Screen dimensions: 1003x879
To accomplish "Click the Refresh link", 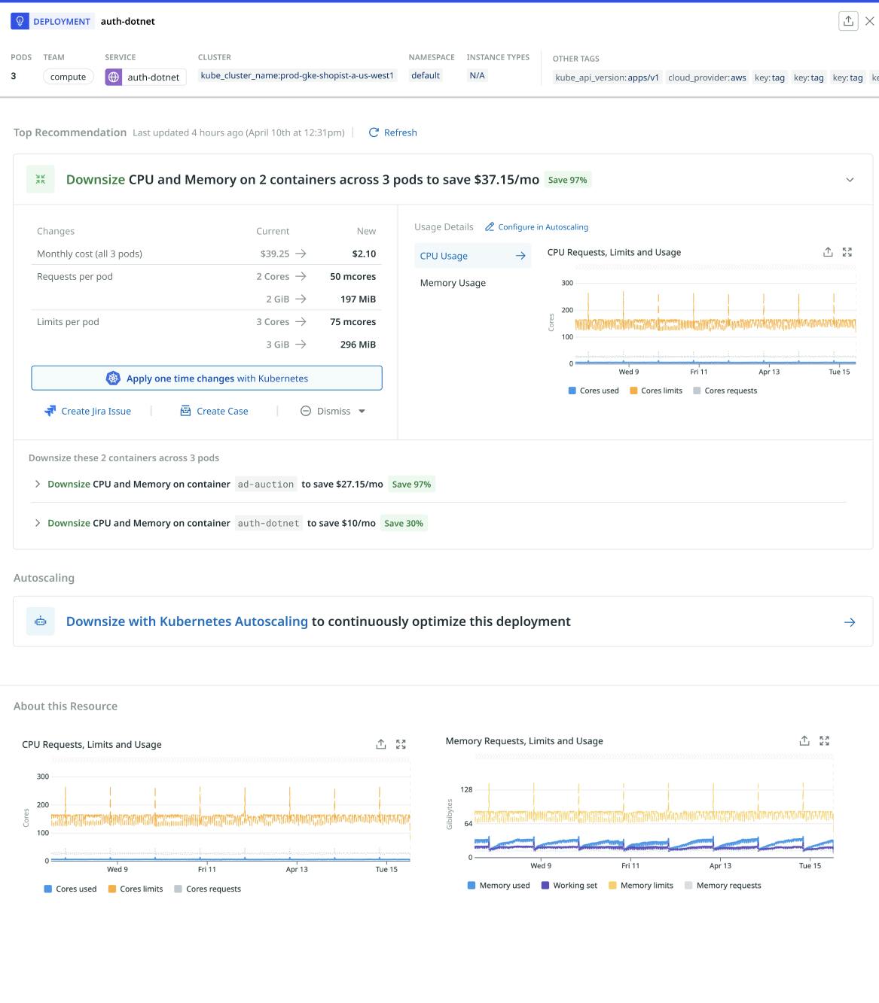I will [393, 132].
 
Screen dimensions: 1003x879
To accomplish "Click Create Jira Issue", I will [88, 411].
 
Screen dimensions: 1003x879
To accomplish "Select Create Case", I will [215, 411].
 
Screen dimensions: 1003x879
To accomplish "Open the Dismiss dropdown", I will [333, 411].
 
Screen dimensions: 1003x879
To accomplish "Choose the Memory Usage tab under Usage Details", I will [453, 283].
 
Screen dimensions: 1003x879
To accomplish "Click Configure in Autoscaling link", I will [536, 227].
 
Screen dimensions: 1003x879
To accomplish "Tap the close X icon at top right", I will [869, 21].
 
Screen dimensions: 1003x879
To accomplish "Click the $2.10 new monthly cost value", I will [364, 254].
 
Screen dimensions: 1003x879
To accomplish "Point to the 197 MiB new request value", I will [358, 299].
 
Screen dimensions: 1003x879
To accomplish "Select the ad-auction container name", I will [266, 485].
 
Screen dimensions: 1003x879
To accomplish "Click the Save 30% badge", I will [404, 524].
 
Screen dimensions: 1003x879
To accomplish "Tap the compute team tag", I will [68, 77].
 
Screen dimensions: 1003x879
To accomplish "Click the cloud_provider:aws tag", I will [707, 78].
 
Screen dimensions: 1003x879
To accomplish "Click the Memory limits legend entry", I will [640, 886].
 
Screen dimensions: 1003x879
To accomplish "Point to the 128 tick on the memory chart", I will [466, 789].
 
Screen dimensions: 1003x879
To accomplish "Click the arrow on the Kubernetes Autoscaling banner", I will [850, 622].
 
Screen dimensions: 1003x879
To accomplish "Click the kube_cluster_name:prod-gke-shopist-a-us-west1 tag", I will [297, 75].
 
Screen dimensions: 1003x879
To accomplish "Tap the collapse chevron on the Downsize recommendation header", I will [850, 180].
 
